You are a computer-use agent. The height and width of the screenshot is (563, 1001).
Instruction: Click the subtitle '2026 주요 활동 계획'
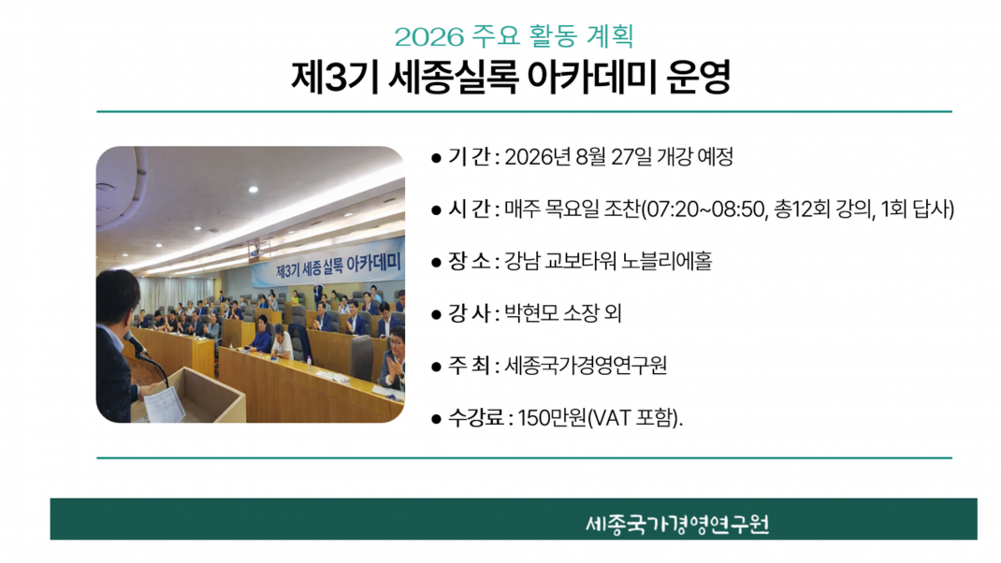point(514,36)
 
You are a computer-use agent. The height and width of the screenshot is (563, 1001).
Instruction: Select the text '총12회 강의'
point(822,209)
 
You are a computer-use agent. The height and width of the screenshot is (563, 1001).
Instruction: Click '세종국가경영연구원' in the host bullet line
point(586,366)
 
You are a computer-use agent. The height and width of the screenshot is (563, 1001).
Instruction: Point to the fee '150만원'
point(552,418)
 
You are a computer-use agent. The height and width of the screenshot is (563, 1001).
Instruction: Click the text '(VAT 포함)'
point(632,418)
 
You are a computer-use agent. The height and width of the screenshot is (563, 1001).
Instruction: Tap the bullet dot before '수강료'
point(436,419)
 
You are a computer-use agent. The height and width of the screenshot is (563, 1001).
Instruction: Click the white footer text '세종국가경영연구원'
point(677,524)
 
